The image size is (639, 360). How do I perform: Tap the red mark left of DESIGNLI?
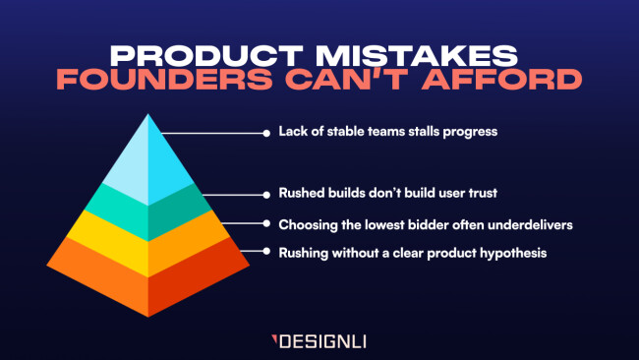pos(275,342)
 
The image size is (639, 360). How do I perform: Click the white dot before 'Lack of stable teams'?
pos(266,131)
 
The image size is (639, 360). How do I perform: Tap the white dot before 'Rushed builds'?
pos(266,193)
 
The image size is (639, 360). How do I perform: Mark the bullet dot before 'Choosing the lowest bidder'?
pos(266,224)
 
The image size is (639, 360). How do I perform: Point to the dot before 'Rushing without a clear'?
pos(266,252)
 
